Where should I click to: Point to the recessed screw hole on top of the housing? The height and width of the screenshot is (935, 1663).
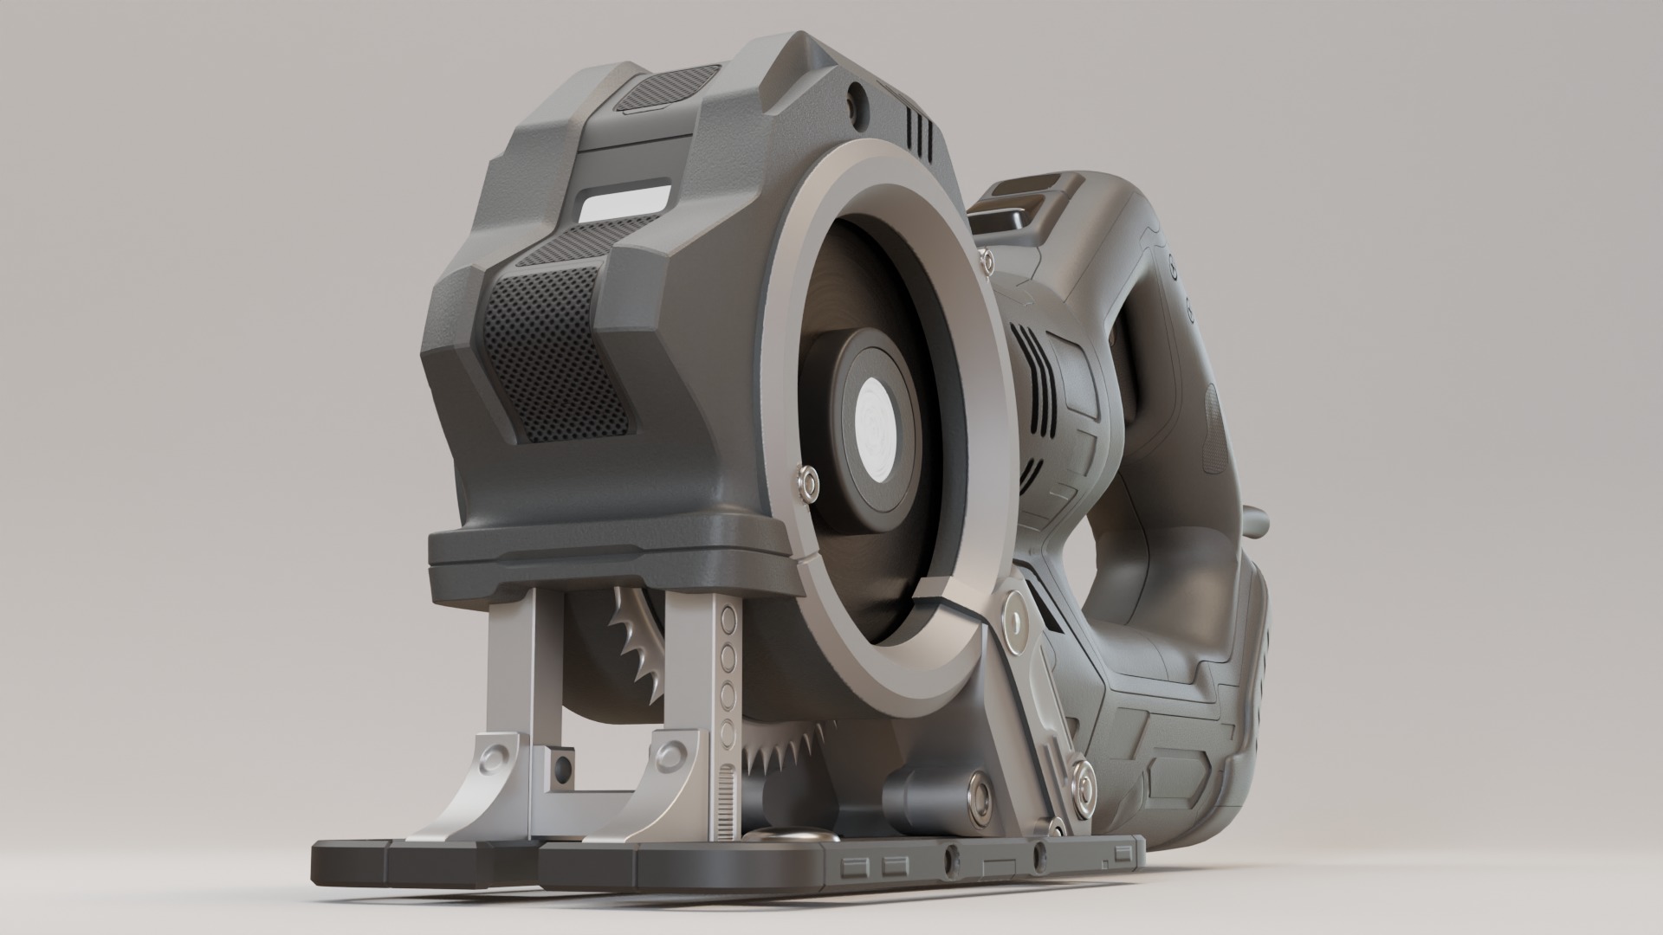tap(856, 94)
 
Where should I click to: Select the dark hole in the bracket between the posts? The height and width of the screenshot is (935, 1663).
tap(563, 765)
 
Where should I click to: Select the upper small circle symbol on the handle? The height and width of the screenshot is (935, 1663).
tap(1174, 260)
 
